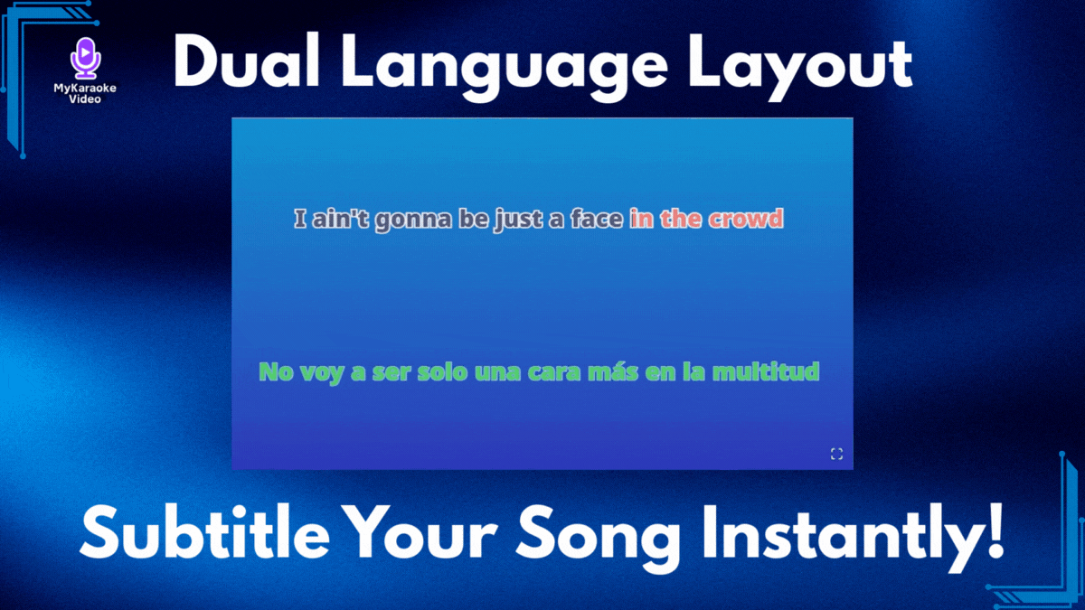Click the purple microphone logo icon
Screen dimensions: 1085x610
(85, 58)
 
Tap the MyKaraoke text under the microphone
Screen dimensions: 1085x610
(85, 89)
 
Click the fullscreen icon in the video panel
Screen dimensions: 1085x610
(836, 454)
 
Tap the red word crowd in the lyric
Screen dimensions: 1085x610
(746, 219)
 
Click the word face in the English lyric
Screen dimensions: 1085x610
(596, 219)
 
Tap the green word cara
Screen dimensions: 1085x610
(553, 371)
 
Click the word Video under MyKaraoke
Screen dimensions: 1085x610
(85, 99)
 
